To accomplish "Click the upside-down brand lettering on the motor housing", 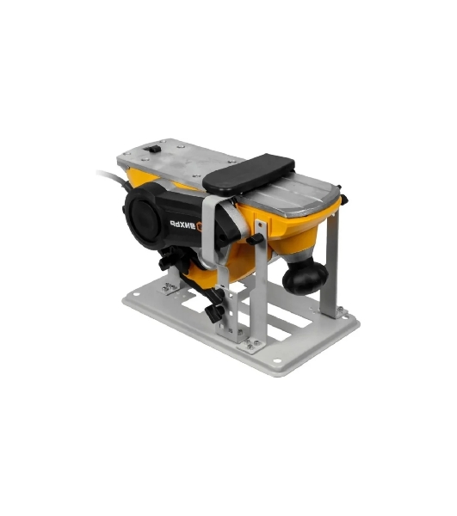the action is (x=182, y=224).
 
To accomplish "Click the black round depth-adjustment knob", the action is (x=305, y=276).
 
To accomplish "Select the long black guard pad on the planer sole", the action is (x=248, y=174).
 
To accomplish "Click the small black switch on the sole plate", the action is (x=153, y=149).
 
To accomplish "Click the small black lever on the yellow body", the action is (x=255, y=239).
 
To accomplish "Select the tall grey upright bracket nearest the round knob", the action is (x=330, y=263).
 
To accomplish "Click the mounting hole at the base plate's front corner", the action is (x=277, y=360).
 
